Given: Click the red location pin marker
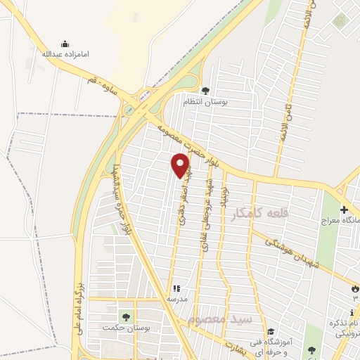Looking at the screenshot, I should tap(181, 165).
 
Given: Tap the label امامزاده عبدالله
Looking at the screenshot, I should tap(65, 54).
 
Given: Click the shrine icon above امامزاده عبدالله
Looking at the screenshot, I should tap(65, 44).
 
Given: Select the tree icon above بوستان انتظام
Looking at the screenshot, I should tap(205, 90).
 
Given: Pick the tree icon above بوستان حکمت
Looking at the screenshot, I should tap(127, 316).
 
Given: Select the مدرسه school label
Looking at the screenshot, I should tap(176, 298).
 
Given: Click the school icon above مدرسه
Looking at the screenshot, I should tap(176, 288).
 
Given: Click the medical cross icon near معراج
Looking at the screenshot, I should tap(344, 209).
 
